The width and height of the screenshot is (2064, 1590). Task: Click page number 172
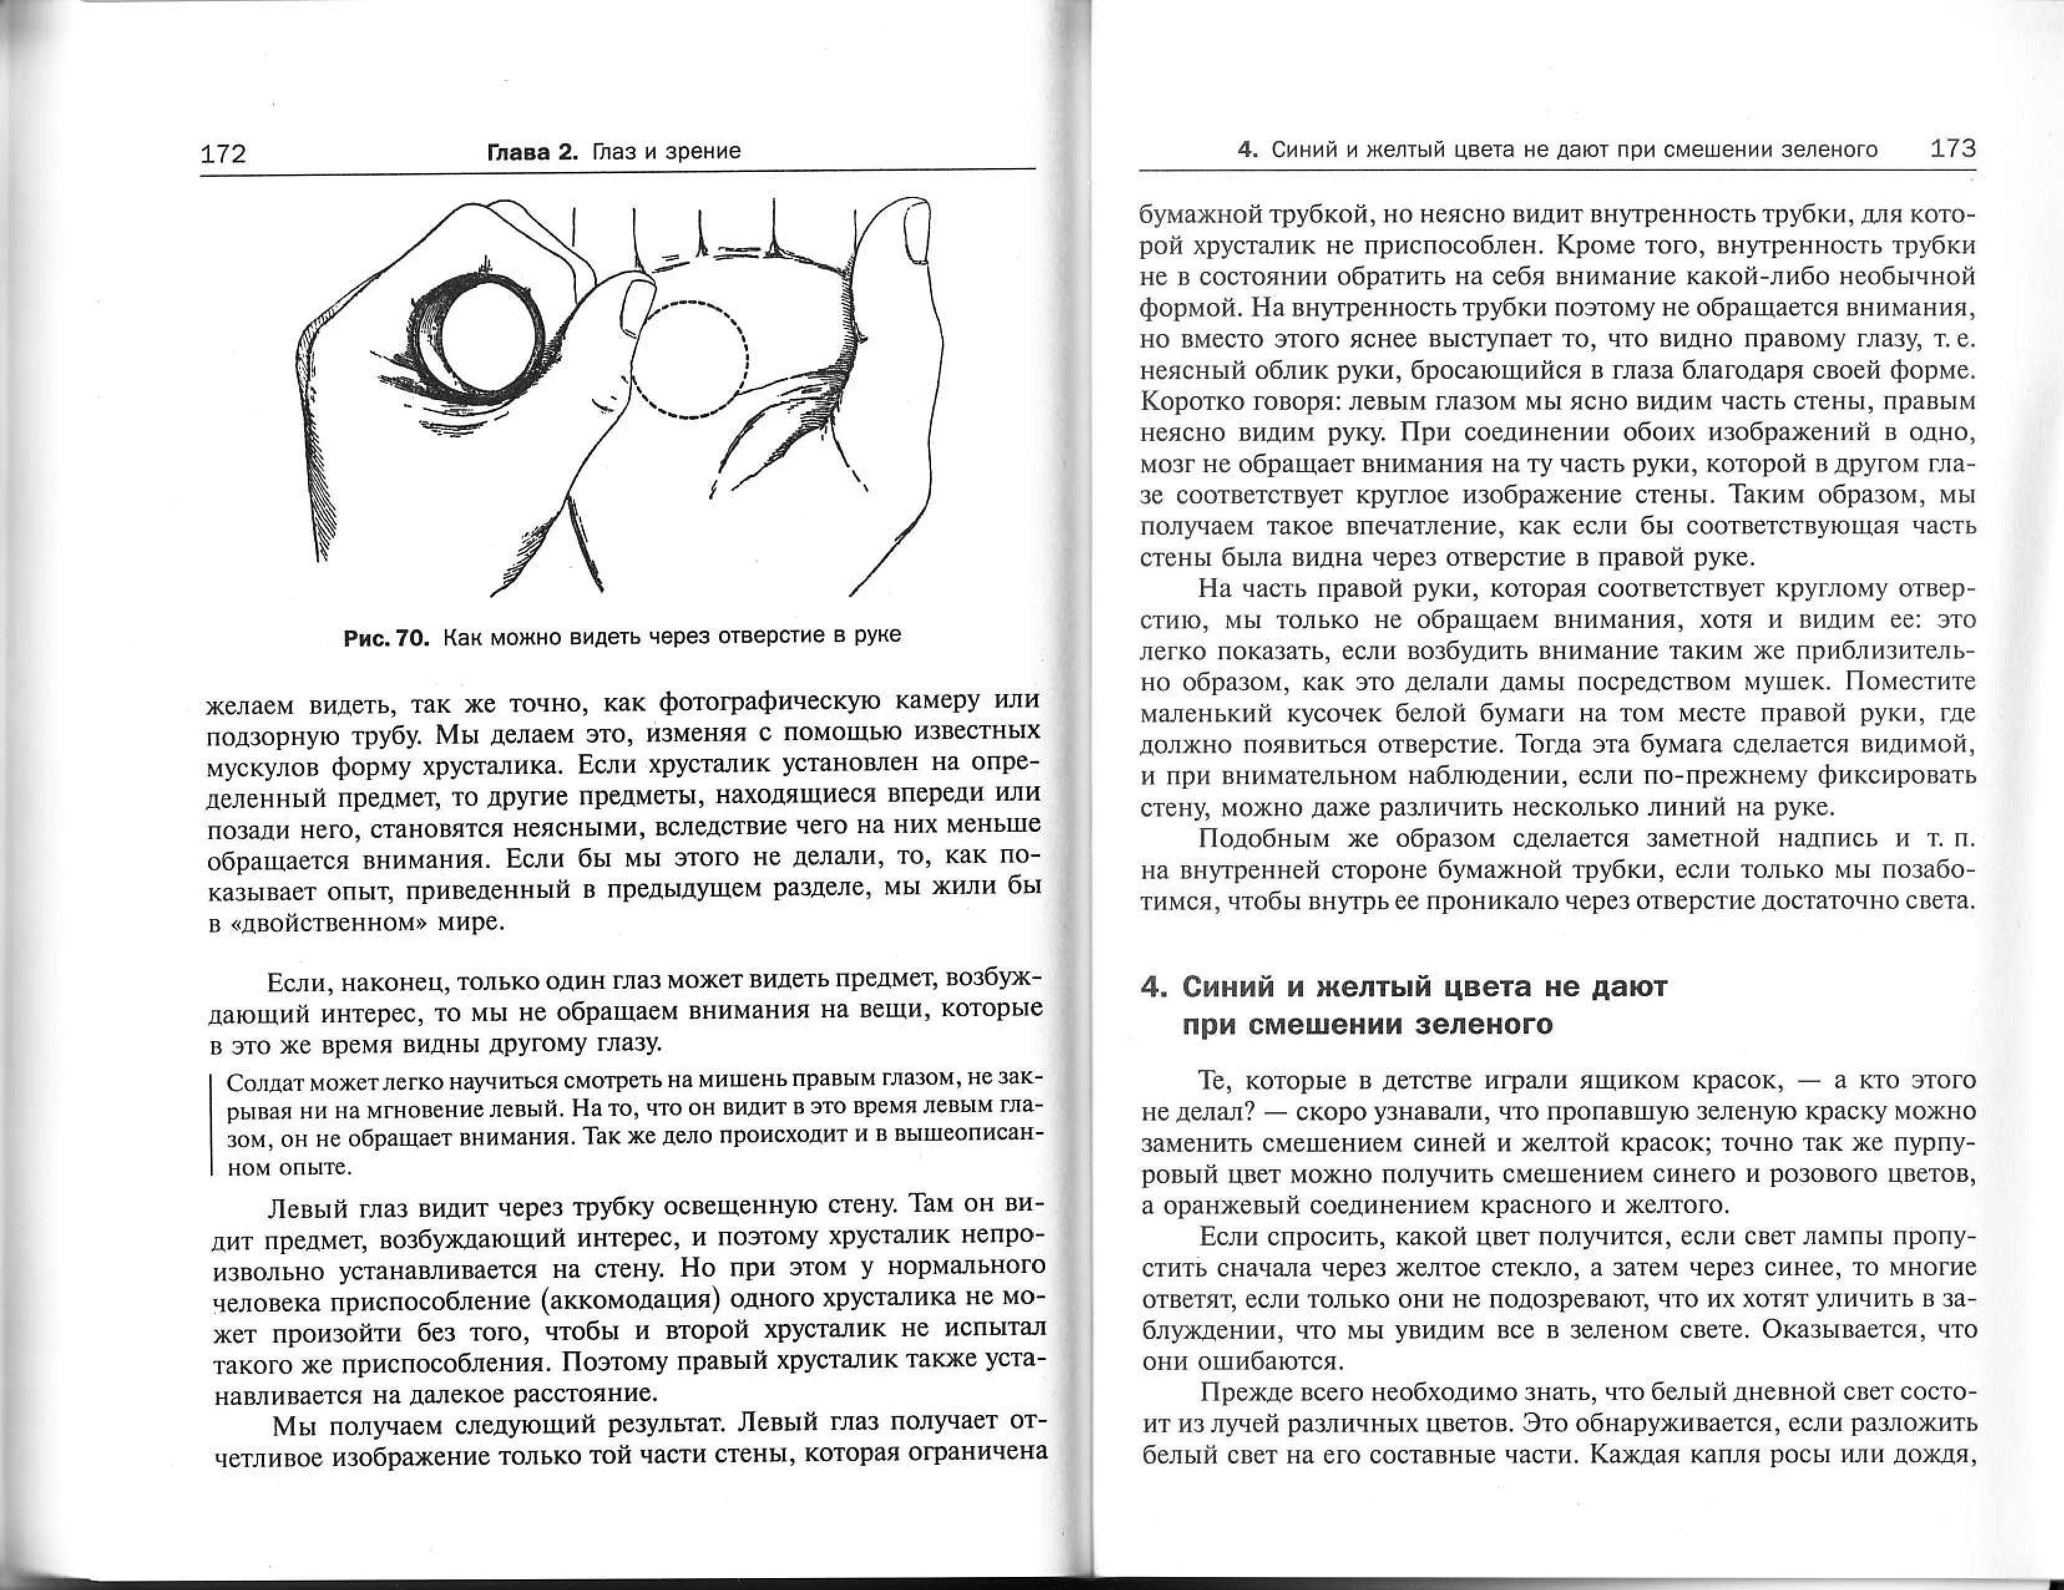[223, 153]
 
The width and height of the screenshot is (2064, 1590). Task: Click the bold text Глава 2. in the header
[531, 151]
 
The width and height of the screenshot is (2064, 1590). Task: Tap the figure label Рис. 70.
[386, 637]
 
